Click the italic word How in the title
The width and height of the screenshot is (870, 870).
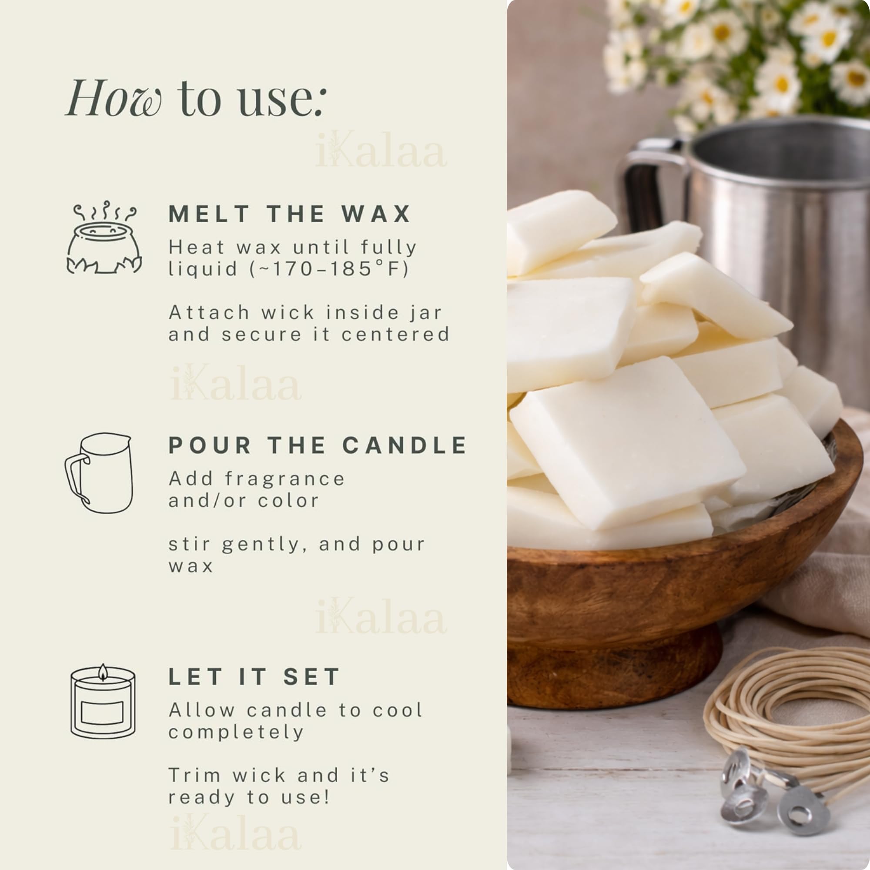(114, 98)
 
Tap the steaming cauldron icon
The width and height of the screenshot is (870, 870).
(104, 238)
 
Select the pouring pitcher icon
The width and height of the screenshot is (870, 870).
(99, 473)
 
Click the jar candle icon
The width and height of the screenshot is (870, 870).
(103, 701)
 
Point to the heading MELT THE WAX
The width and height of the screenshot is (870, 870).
(290, 214)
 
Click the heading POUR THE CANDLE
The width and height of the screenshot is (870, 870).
(318, 445)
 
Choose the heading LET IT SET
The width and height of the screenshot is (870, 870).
(254, 677)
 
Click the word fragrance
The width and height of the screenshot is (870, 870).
(284, 479)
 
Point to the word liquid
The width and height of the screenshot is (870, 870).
(203, 269)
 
